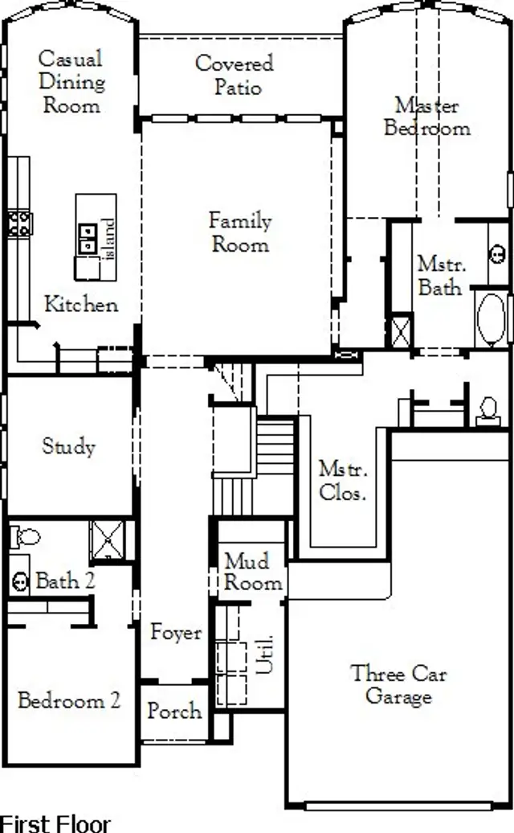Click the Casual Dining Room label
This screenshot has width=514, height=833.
point(71,82)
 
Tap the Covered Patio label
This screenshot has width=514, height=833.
point(235,75)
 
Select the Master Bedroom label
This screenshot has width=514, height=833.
point(426,117)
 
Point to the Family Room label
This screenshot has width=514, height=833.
point(240,232)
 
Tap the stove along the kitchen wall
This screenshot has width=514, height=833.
point(18,223)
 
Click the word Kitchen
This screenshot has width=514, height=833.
point(80,305)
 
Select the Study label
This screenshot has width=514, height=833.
point(68,446)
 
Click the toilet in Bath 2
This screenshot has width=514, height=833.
point(27,535)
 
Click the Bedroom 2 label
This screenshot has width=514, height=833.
point(69,700)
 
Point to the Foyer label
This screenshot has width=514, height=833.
point(176,633)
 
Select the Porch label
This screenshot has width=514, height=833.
point(174,712)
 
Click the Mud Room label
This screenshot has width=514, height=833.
point(252,572)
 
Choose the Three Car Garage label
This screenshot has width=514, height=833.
point(398,685)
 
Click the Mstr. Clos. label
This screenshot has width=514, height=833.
point(342,480)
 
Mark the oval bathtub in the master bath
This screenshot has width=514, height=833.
point(490,320)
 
